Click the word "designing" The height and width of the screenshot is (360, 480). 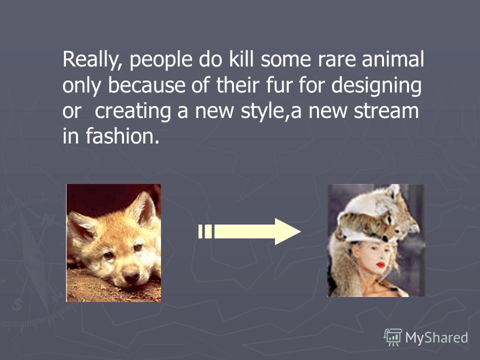[x=376, y=85]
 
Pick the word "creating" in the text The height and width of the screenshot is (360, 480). [x=132, y=111]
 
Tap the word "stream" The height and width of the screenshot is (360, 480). [x=386, y=111]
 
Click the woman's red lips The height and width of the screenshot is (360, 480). [x=381, y=264]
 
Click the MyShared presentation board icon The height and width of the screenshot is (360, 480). [x=393, y=337]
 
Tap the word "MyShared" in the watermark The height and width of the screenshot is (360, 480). [x=436, y=338]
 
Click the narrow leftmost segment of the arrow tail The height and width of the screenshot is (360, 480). [x=200, y=231]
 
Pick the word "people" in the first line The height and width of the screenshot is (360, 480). [x=161, y=60]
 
